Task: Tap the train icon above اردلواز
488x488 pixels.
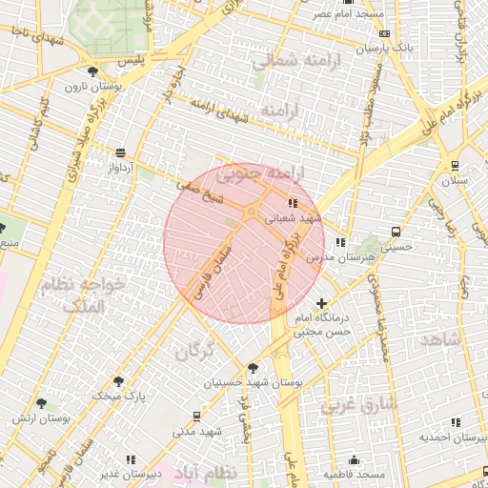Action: point(120,152)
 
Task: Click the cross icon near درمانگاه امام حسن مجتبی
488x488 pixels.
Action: point(320,303)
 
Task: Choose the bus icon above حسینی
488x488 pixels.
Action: point(395,230)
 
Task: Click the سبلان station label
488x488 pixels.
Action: point(455,180)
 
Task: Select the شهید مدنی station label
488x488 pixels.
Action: point(196,432)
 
